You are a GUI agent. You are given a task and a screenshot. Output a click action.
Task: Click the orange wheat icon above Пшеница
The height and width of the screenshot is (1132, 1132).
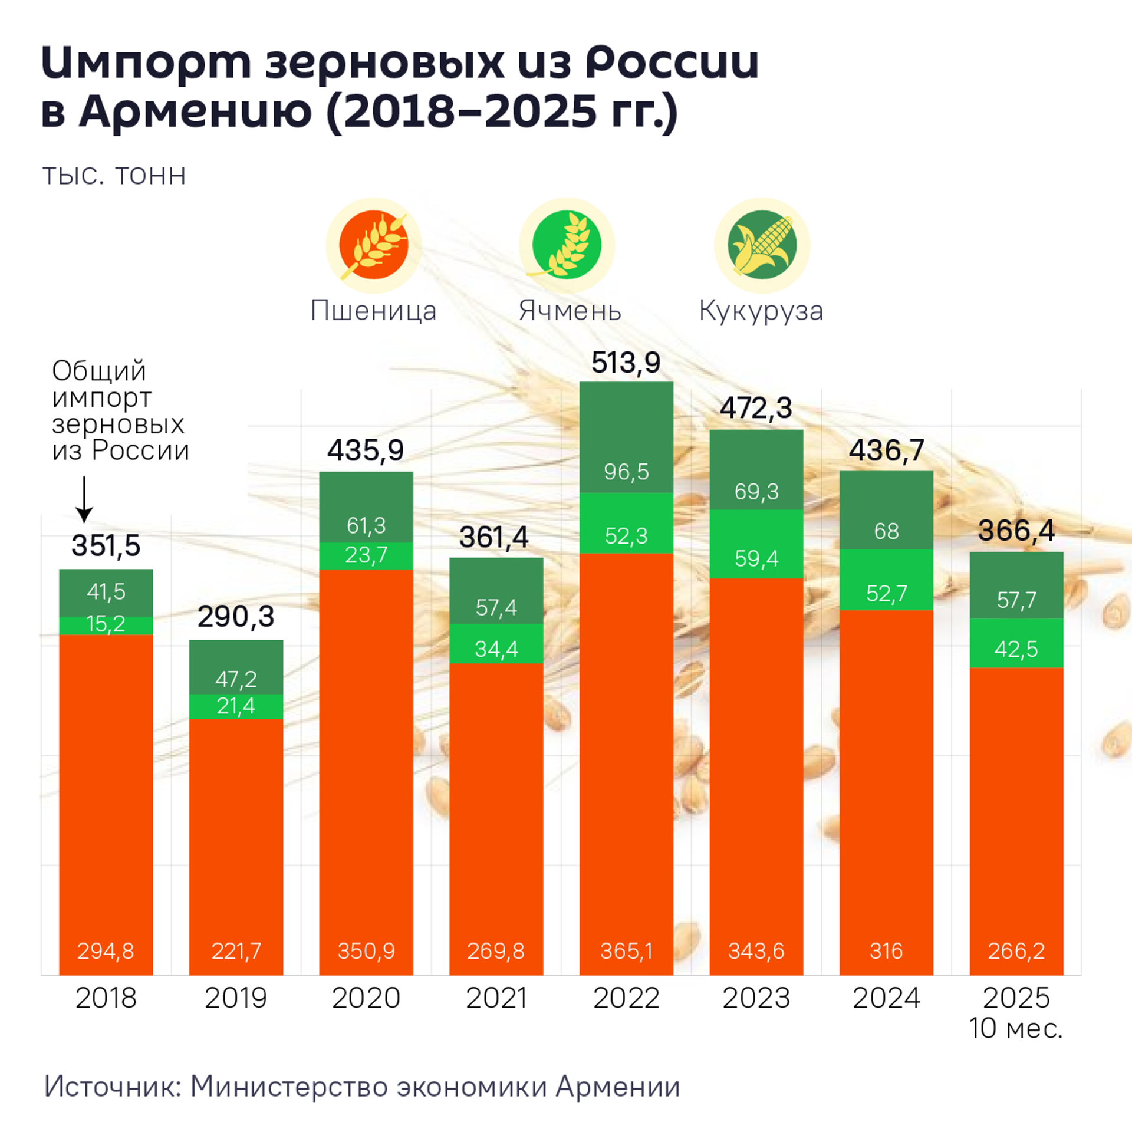374,245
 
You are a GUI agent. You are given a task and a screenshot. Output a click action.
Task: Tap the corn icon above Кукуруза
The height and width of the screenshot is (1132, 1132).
762,245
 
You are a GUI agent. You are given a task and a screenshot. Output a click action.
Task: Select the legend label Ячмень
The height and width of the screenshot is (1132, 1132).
570,311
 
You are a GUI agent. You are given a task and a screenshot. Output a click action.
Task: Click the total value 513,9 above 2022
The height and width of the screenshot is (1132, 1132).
626,363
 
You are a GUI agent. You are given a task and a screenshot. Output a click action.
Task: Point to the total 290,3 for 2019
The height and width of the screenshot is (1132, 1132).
236,617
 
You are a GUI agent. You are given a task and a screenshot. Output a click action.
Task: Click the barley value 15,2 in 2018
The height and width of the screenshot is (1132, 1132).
106,624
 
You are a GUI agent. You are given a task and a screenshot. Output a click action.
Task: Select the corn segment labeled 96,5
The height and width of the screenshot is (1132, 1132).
626,472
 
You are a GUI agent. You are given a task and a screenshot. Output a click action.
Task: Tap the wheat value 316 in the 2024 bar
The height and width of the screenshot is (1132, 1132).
886,951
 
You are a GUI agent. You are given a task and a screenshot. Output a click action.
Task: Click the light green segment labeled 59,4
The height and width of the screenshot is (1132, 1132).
756,558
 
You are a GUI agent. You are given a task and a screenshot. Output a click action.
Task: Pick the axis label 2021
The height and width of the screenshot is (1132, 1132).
496,998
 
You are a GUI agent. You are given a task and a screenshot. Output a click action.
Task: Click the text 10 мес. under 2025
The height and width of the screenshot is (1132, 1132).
1015,1029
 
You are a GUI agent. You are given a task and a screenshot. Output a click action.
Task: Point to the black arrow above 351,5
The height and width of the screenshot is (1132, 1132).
84,500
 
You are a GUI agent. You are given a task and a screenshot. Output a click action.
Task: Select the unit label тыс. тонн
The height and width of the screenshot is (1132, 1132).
114,176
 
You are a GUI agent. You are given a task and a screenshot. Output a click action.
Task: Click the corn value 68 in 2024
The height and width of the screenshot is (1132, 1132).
886,531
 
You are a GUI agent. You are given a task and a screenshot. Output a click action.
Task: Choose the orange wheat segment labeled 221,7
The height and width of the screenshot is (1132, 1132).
236,884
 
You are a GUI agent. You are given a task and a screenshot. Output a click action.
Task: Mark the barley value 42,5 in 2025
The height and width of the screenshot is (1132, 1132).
1016,649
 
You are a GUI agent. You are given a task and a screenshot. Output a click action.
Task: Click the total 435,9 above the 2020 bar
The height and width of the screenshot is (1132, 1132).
366,451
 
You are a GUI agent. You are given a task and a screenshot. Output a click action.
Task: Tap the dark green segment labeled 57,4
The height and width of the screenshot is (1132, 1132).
496,607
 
